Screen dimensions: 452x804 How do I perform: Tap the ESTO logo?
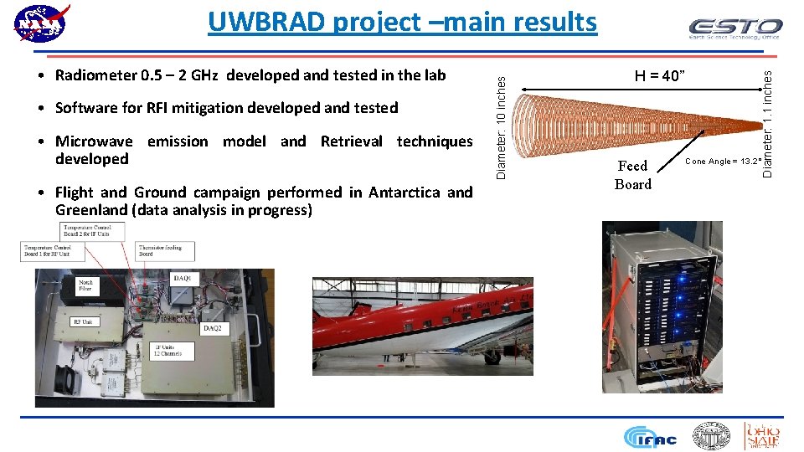(734, 28)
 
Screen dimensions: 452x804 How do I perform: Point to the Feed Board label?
(632, 175)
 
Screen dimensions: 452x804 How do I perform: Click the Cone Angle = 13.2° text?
(723, 161)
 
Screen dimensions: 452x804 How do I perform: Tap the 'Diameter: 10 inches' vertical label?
(501, 126)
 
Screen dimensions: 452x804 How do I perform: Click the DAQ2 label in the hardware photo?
(214, 329)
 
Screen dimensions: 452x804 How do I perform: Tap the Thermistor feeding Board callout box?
(166, 250)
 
